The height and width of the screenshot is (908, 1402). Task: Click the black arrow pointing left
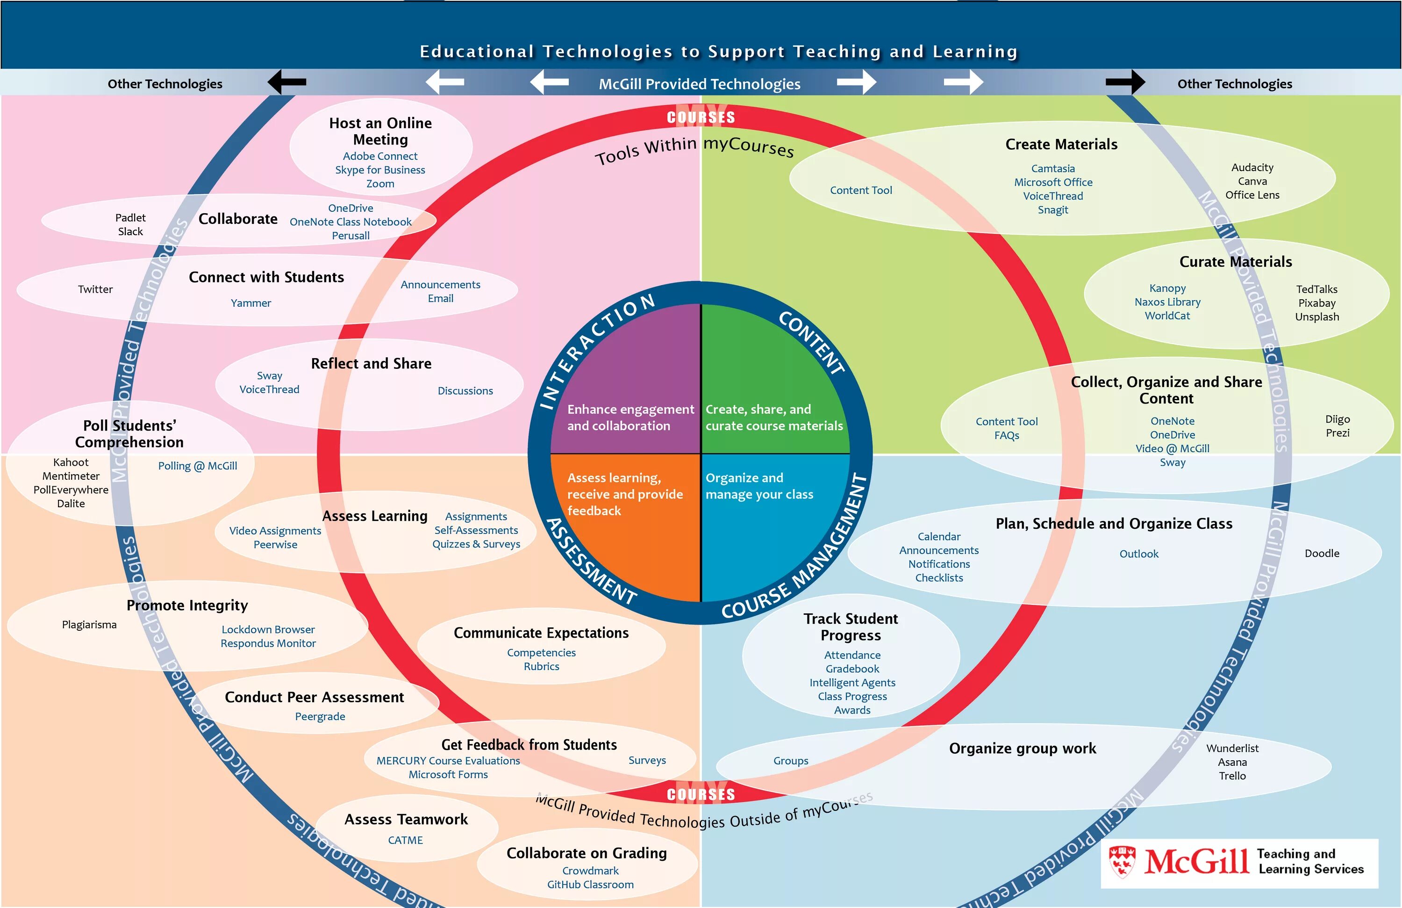click(x=287, y=82)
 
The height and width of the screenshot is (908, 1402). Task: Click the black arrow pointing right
click(x=1125, y=82)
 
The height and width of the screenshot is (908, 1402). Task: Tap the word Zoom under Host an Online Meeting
click(x=380, y=184)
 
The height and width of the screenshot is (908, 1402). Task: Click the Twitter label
click(x=95, y=289)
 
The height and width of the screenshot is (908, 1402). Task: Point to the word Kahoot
click(x=71, y=462)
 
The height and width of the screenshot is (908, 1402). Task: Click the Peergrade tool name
click(x=320, y=716)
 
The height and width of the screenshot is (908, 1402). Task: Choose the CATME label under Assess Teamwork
click(x=405, y=840)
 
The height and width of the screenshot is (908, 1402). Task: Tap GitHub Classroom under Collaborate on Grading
click(x=590, y=885)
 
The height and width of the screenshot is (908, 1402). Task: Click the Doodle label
click(x=1322, y=553)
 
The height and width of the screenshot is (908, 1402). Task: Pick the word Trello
click(x=1232, y=776)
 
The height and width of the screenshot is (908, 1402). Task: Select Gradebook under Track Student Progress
click(x=852, y=669)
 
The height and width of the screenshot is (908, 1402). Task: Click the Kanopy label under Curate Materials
click(x=1167, y=288)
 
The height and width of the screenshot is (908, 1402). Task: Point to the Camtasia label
click(x=1053, y=168)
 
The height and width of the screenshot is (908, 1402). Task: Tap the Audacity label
click(x=1252, y=167)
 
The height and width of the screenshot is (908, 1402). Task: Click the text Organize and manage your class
click(x=759, y=486)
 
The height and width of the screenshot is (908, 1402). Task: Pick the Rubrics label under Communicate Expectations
click(x=541, y=666)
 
